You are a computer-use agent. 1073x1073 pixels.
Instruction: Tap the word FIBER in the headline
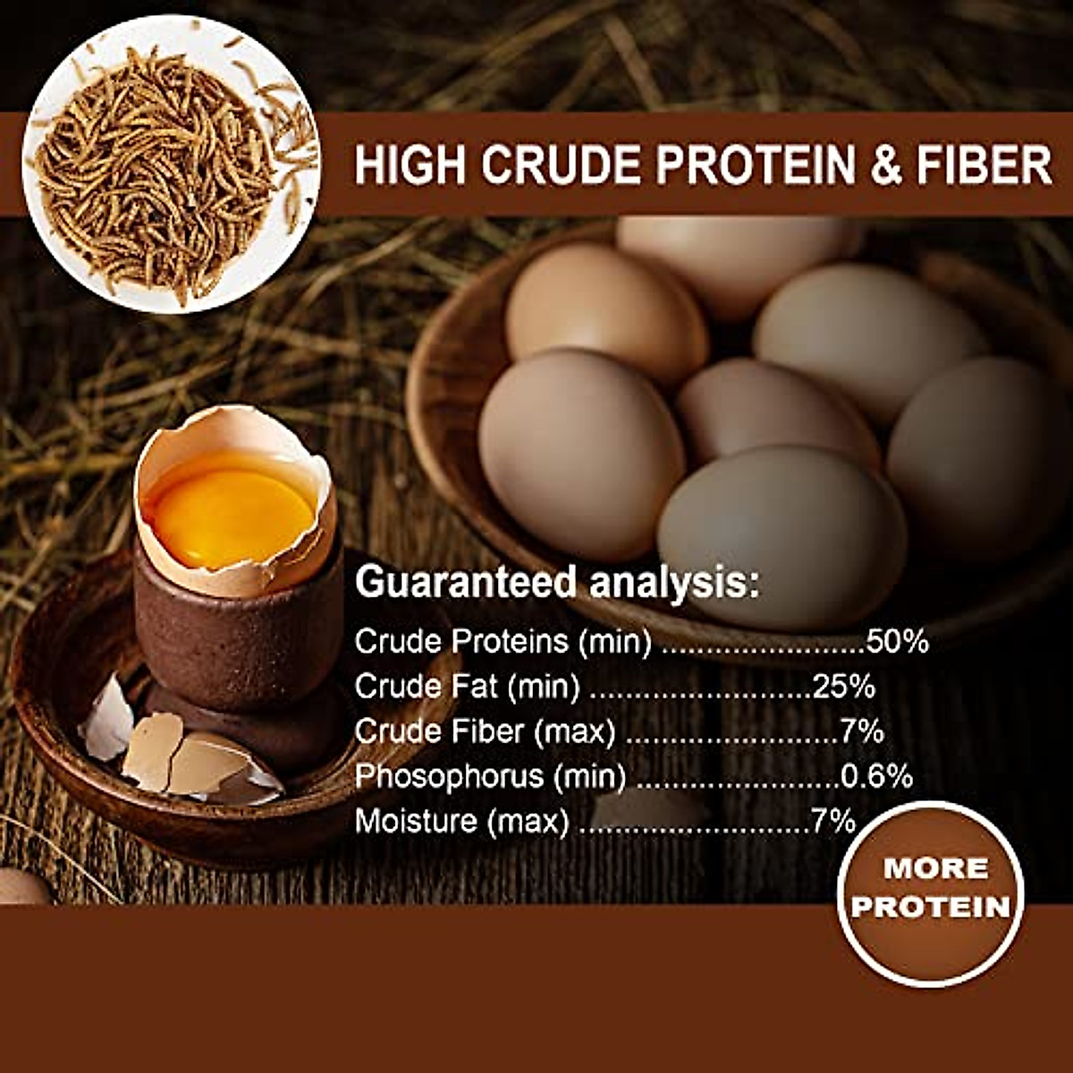984,165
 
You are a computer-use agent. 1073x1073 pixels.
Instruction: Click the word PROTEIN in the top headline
757,165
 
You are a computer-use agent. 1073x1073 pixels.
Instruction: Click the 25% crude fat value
843,686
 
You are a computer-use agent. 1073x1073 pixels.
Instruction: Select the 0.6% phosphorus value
876,776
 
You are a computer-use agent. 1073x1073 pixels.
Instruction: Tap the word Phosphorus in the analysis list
448,776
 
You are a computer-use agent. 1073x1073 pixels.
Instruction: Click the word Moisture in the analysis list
416,821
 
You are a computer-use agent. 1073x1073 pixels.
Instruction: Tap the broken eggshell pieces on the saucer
179,751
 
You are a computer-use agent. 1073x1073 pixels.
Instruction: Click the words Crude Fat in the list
421,686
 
